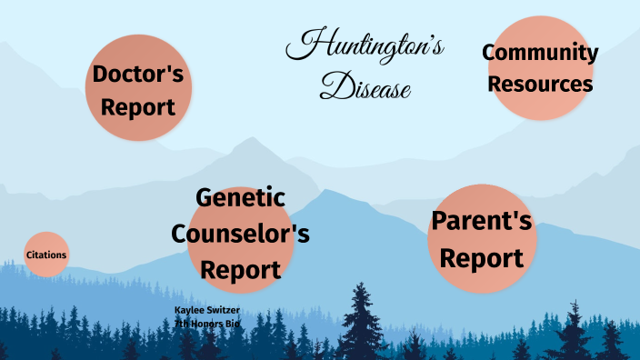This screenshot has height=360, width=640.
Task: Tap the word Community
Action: (540, 53)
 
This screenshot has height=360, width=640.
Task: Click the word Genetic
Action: (241, 198)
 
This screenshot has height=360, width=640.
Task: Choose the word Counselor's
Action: (241, 234)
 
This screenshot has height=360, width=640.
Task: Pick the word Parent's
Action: (481, 222)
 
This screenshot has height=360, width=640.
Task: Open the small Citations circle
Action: (46, 255)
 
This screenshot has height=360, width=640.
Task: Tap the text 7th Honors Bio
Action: (206, 324)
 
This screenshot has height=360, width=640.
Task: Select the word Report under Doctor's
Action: (138, 107)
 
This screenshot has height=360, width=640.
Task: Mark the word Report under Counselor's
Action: (241, 270)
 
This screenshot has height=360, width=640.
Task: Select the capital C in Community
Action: (489, 53)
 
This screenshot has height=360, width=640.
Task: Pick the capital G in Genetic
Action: (205, 198)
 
